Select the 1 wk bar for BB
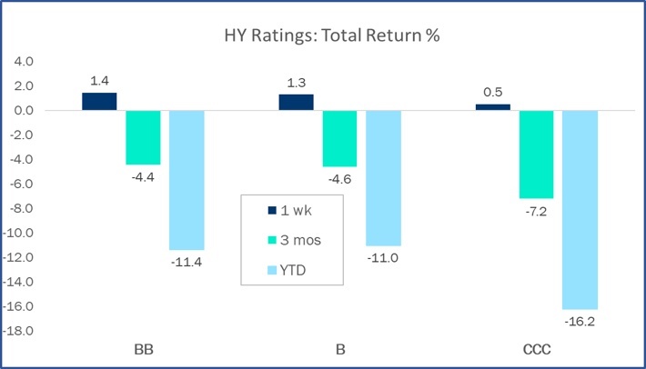point(99,101)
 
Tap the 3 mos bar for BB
point(143,137)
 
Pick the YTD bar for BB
point(187,180)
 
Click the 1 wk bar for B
point(296,102)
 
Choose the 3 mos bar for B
point(339,138)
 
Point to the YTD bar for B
point(383,177)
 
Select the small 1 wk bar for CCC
point(492,106)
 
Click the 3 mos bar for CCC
point(536,155)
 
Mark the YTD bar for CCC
point(580,209)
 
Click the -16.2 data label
point(580,321)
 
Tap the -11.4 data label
point(187,262)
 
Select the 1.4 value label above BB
point(99,81)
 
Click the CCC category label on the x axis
point(536,350)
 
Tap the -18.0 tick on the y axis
point(21,330)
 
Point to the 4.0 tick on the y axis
point(25,62)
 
